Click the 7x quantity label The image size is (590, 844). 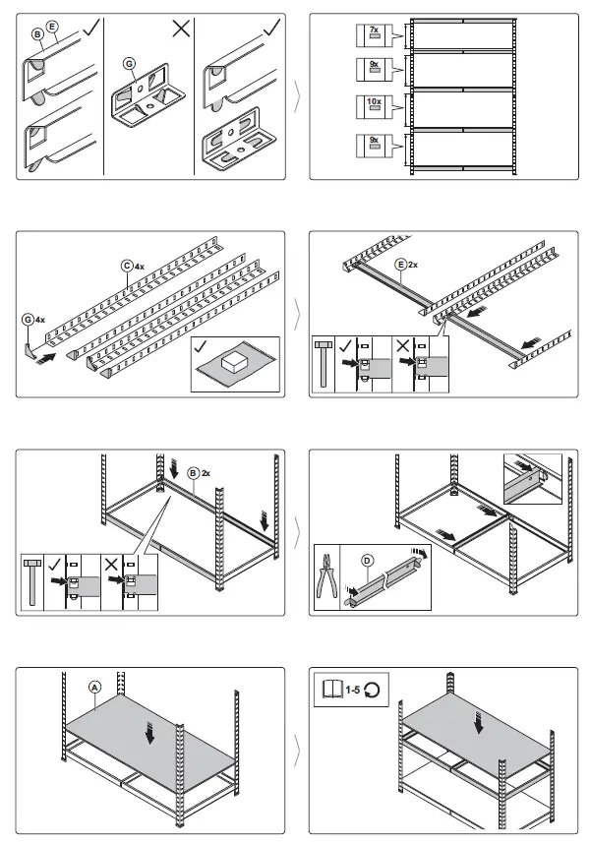point(374,31)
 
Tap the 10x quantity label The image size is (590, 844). point(374,102)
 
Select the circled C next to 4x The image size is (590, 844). point(127,265)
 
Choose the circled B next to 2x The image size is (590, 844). point(195,473)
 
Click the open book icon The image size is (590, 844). point(330,690)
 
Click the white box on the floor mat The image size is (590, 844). point(234,365)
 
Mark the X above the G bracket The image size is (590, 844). point(180,29)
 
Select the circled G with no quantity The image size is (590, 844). point(128,64)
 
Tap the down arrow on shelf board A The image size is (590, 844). point(149,734)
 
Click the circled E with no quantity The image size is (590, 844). point(52,28)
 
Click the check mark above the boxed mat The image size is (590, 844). point(203,347)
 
